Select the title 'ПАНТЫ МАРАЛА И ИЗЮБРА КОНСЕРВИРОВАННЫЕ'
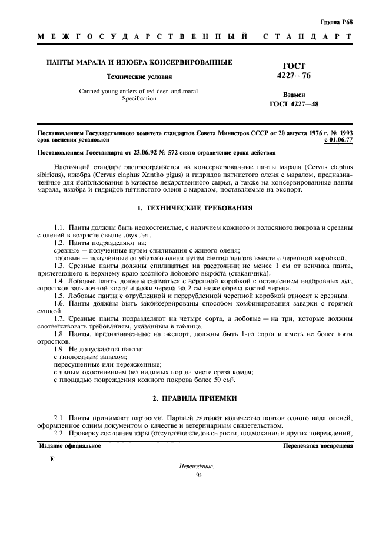coord(139,62)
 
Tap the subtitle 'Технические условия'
coord(139,76)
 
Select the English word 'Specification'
coord(139,99)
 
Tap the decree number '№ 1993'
coord(341,134)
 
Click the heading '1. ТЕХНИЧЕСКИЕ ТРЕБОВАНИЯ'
coord(194,208)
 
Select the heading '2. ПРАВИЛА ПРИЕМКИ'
coord(194,399)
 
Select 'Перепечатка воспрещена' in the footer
coord(318,446)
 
